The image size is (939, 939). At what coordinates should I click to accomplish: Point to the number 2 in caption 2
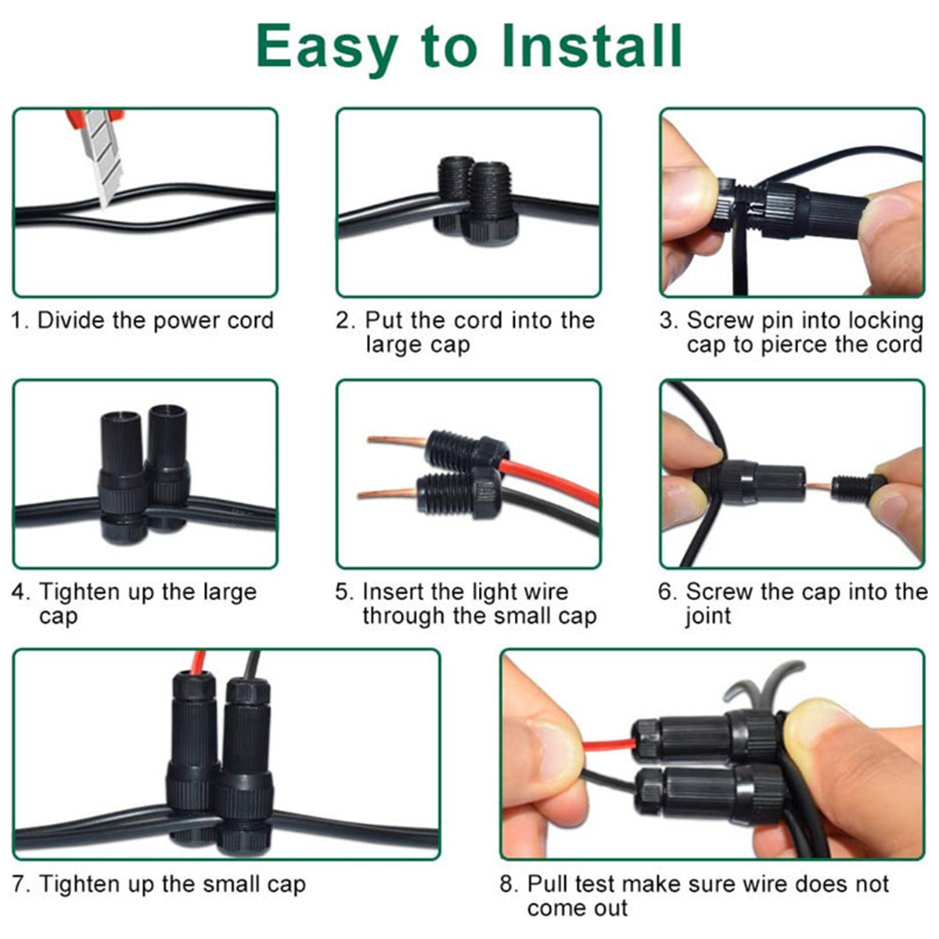pyautogui.click(x=343, y=321)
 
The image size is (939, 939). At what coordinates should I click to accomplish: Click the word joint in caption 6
pyautogui.click(x=708, y=617)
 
